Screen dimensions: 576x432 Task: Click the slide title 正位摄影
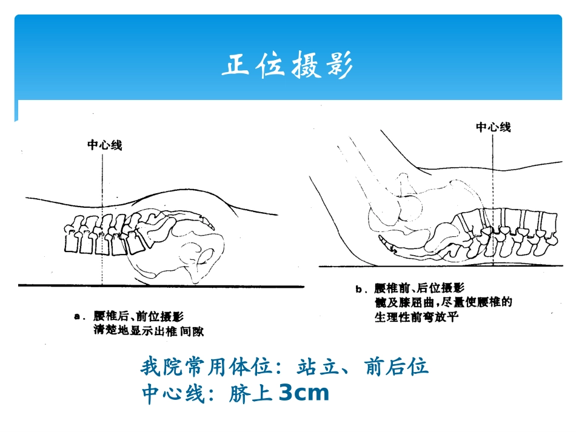click(x=287, y=65)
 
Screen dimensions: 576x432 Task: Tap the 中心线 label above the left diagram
click(x=104, y=145)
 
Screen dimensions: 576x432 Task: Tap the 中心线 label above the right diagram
click(x=493, y=127)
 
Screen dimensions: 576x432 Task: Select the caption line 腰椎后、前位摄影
click(x=138, y=316)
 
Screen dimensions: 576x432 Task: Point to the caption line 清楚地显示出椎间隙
click(x=149, y=331)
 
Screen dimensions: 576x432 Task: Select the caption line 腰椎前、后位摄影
click(x=419, y=288)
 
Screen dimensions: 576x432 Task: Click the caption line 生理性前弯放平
click(x=416, y=317)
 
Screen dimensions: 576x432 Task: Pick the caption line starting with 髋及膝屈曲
click(x=443, y=302)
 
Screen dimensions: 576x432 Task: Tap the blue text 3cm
click(x=304, y=393)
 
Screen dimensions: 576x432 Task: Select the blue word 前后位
click(x=397, y=367)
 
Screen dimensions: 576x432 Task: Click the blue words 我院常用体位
click(x=206, y=367)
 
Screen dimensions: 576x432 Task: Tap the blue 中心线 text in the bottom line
click(x=173, y=393)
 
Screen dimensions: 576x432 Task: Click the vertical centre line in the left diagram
click(x=102, y=219)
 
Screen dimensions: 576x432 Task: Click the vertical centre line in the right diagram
click(x=493, y=199)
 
